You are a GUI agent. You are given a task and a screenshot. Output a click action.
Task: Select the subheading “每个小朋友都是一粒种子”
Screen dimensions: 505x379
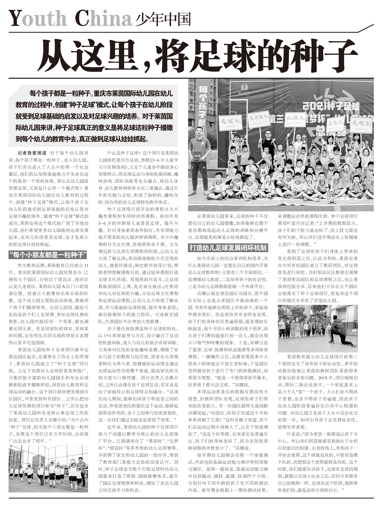(x=48, y=255)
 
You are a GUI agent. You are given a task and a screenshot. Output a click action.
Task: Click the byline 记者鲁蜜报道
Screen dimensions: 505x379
(x=32, y=153)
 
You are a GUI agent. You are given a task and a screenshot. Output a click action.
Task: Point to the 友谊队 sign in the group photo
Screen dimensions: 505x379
(x=230, y=122)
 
